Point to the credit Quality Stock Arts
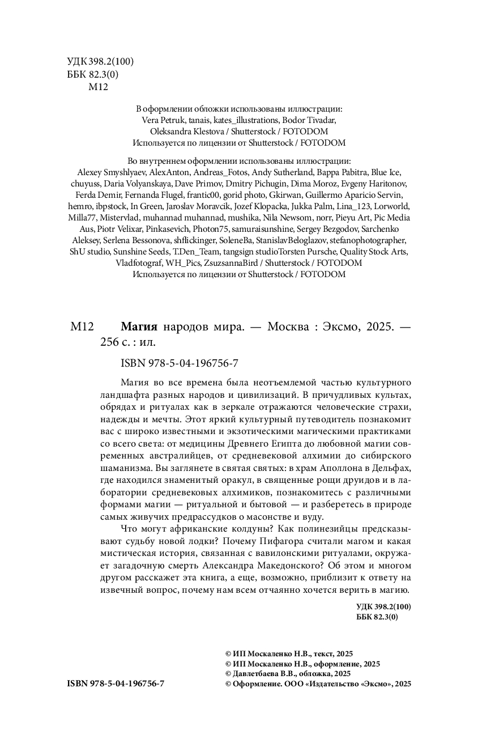(x=374, y=252)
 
